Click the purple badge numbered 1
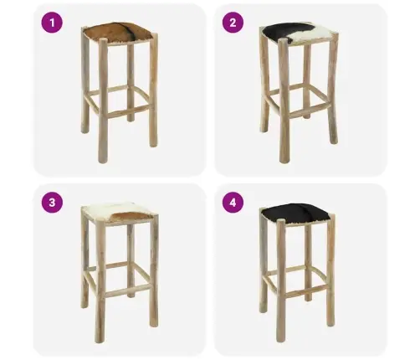pos(52,23)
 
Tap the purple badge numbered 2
pos(233,23)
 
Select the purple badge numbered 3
pos(52,203)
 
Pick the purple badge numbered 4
pos(233,203)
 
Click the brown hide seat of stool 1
pos(119,33)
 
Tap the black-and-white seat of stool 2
pos(299,33)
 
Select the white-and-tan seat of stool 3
pos(119,212)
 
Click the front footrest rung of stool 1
pos(128,111)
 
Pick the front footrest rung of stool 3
pos(127,291)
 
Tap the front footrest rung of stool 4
pos(306,291)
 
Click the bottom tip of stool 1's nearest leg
pos(103,162)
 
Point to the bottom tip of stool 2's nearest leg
pos(284,161)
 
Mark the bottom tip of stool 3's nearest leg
pos(100,341)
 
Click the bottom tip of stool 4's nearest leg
pos(281,341)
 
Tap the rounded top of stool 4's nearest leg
pos(281,222)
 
